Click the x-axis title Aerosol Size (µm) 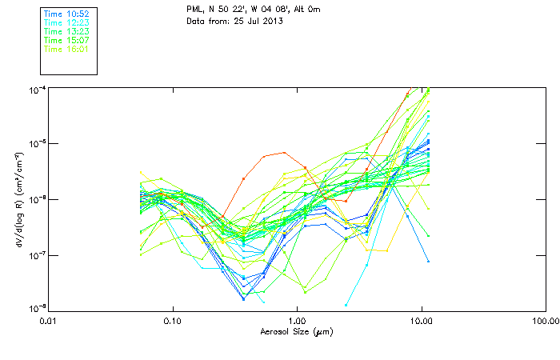(297, 331)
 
